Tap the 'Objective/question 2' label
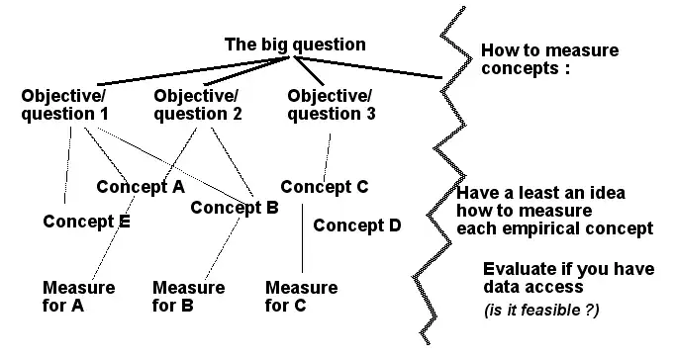click(198, 104)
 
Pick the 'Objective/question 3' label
click(331, 104)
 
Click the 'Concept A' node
click(141, 186)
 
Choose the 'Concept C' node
click(325, 186)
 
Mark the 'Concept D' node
click(357, 225)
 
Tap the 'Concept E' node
click(87, 221)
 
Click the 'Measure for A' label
click(78, 297)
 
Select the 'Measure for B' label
click(188, 297)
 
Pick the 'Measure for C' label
click(301, 297)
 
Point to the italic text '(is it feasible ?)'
click(542, 311)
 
